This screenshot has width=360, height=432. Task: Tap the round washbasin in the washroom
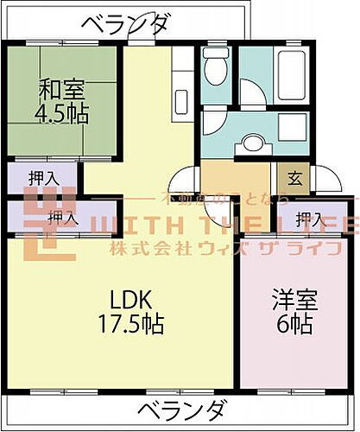click(253, 143)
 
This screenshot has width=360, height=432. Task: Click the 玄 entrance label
click(295, 179)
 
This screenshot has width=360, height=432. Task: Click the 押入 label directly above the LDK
click(60, 217)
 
